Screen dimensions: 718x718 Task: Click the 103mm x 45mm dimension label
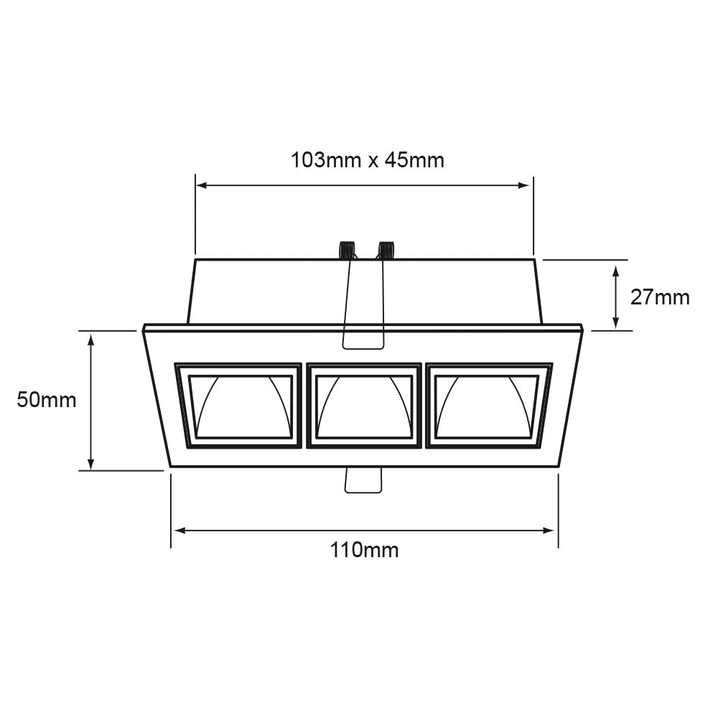click(367, 159)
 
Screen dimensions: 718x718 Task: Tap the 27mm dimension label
click(659, 297)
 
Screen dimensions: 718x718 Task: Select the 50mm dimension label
click(47, 400)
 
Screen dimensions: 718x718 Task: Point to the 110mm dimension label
click(364, 550)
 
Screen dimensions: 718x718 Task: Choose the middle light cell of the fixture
click(365, 406)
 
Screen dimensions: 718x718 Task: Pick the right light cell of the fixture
click(488, 406)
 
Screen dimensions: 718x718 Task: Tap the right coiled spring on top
click(386, 250)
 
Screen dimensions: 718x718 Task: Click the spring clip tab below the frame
click(363, 480)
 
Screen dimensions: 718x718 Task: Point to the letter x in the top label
click(373, 161)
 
